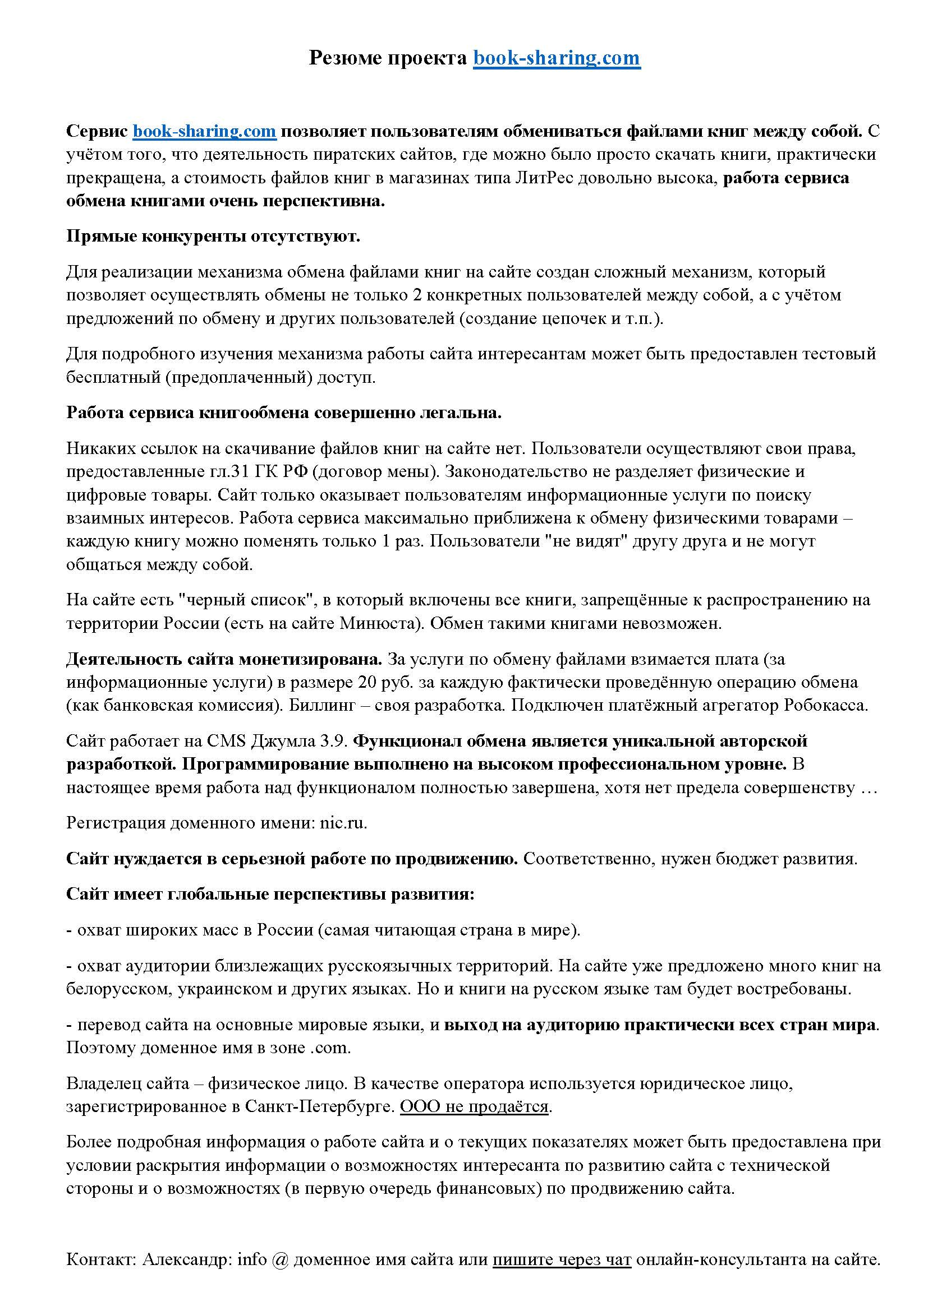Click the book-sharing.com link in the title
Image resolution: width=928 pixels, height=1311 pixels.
557,58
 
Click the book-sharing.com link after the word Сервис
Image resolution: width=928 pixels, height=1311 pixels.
205,131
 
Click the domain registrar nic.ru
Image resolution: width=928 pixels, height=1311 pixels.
343,823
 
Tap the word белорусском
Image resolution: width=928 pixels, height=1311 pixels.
119,989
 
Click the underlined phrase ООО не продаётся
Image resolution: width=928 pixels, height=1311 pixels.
474,1107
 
